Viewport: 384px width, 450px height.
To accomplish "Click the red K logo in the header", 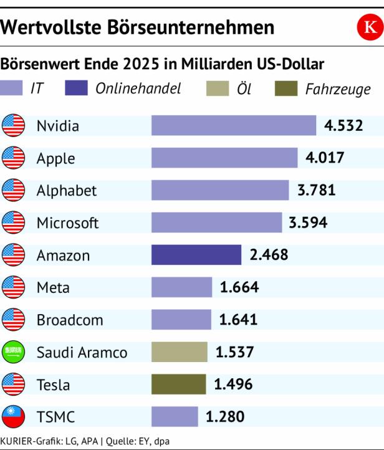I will coord(370,27).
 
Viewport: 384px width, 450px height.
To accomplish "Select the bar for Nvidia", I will coord(234,125).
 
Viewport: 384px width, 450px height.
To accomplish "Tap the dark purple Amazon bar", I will coord(196,255).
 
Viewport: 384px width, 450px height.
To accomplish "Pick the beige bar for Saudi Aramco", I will coord(179,352).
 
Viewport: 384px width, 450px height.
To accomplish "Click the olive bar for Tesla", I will coord(178,385).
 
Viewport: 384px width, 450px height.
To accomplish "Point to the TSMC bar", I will coord(175,416).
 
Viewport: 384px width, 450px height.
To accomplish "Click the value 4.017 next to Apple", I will coord(324,158).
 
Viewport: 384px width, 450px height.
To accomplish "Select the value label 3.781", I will coord(316,190).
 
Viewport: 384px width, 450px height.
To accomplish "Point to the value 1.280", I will coord(225,416).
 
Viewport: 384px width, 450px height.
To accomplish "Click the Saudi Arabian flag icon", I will coord(13,353).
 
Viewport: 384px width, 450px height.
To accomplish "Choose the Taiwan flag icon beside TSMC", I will coord(13,416).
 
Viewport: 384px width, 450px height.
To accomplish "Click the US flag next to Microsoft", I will coord(13,223).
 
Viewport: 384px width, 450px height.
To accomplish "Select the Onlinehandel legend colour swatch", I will coord(76,89).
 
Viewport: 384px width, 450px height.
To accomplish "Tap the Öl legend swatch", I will coord(218,89).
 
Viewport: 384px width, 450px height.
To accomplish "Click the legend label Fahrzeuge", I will coord(337,89).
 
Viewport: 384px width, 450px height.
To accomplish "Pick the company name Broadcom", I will coord(70,320).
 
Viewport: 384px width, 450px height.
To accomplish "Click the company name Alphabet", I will coord(67,191).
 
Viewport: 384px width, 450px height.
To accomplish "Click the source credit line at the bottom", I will coord(85,441).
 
